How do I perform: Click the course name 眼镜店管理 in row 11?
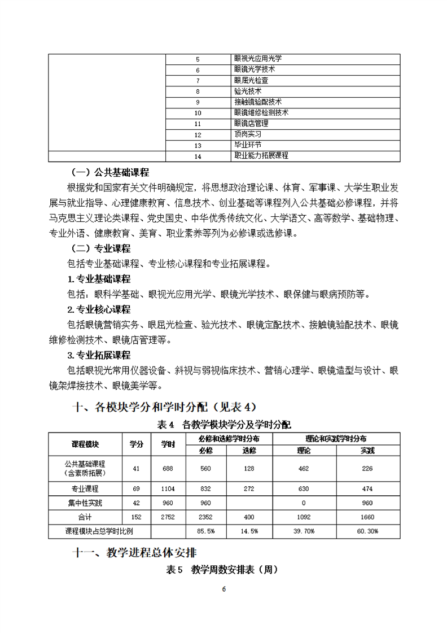point(251,123)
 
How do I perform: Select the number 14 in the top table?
point(198,156)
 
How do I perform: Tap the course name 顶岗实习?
point(248,134)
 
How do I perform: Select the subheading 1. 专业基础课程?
point(99,279)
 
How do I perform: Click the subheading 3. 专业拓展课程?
point(99,355)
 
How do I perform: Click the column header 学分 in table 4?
point(137,444)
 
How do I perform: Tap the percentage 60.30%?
point(367,531)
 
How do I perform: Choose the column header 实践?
point(367,450)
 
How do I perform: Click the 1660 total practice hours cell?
point(367,517)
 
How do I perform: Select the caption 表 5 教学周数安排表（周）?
point(223,570)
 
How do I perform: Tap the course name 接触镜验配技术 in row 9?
point(257,102)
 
